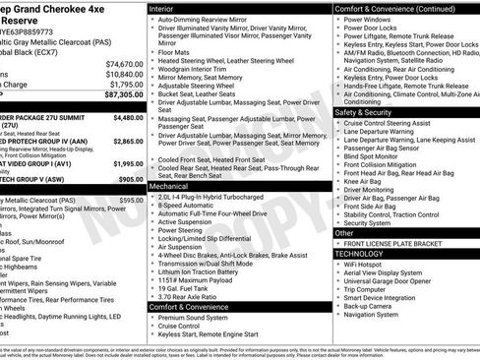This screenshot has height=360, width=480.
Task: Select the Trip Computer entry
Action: tap(372, 289)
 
